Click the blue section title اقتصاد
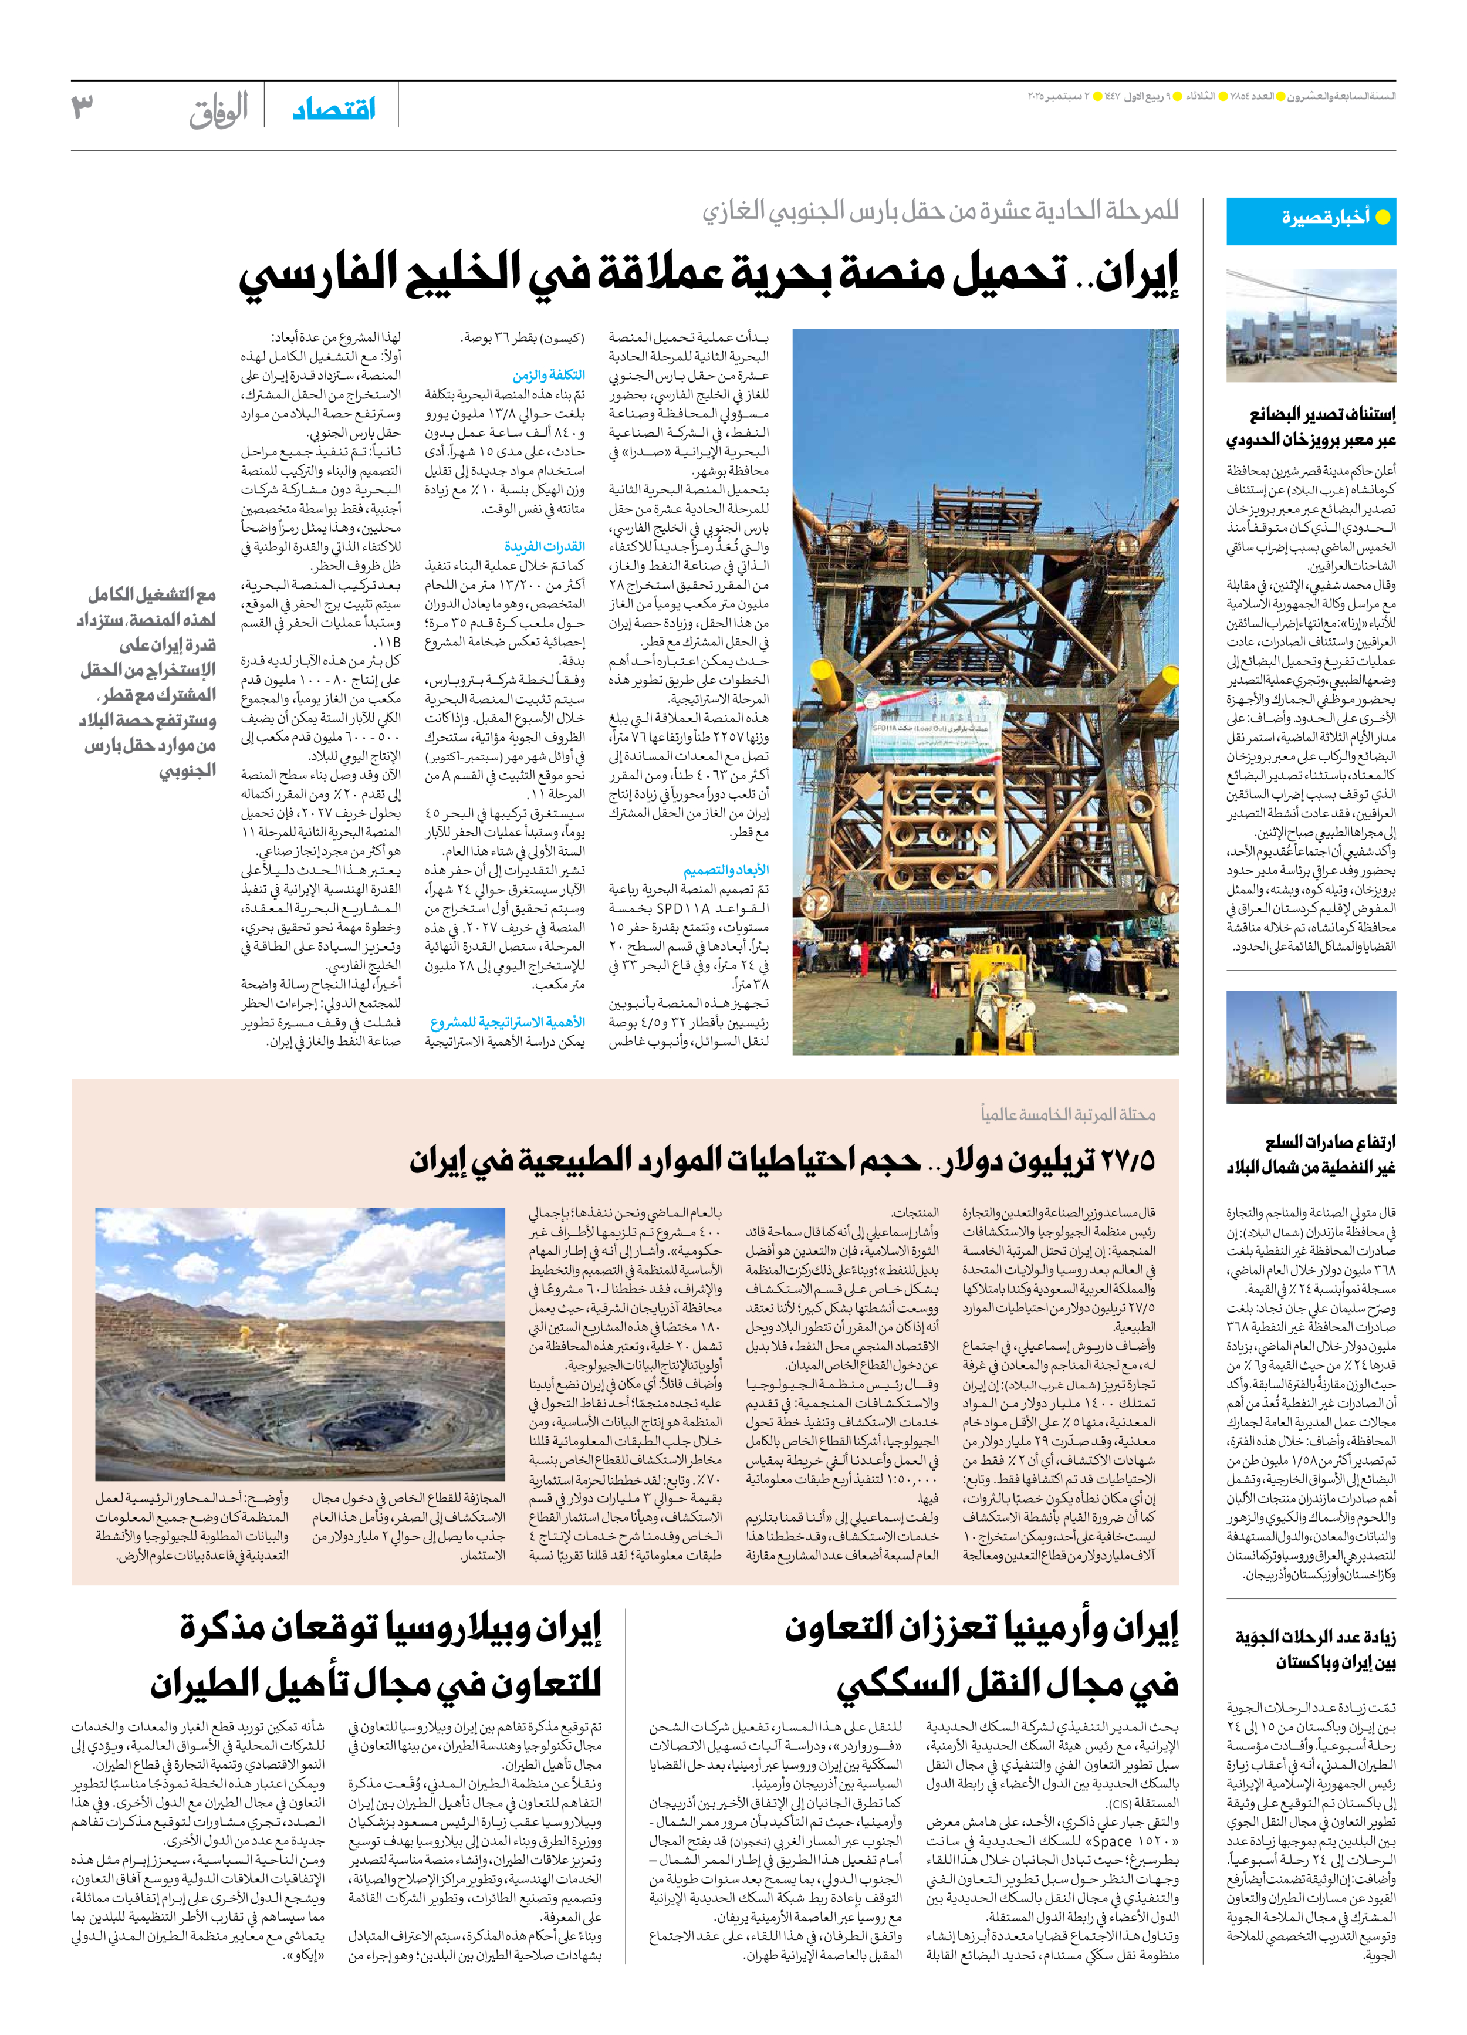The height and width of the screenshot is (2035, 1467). coord(334,110)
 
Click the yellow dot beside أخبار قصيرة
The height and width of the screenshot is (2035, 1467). coord(1383,217)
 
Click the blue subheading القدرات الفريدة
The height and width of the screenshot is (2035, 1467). coord(544,546)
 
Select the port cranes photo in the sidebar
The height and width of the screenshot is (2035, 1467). coord(1311,1047)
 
